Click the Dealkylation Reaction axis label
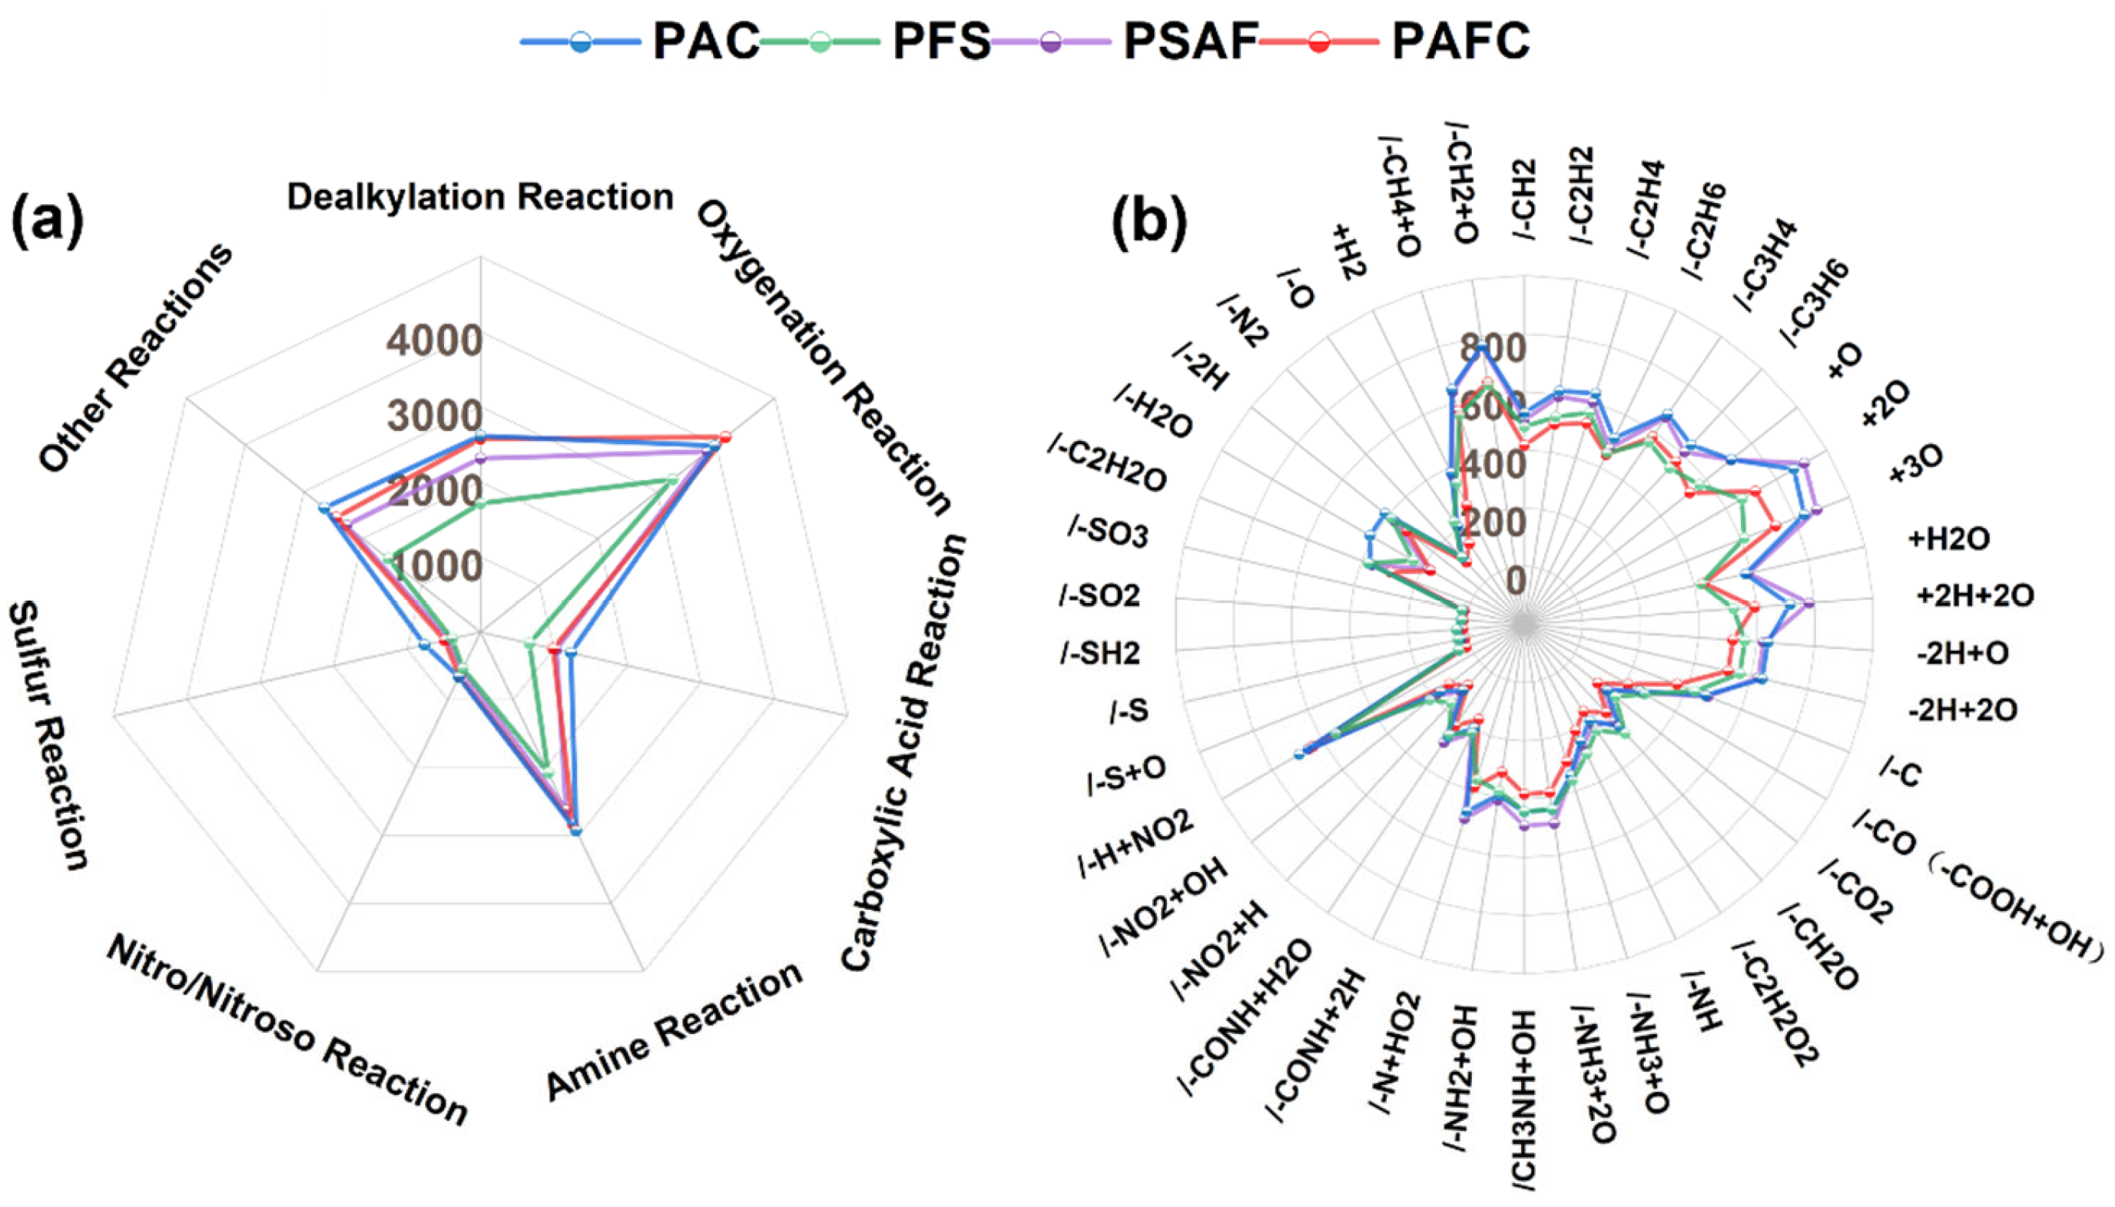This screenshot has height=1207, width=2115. point(480,197)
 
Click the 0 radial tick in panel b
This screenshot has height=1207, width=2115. point(1515,580)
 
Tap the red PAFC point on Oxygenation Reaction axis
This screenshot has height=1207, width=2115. point(725,437)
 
